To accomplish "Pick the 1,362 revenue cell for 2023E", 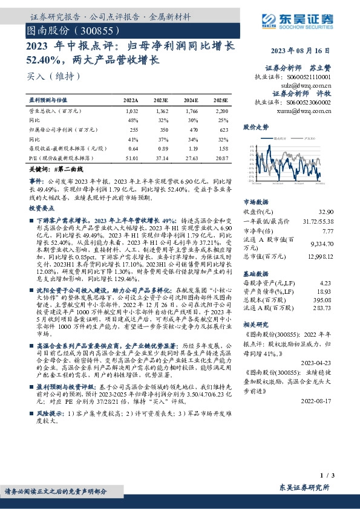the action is tap(161, 112).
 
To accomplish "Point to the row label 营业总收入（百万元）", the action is tap(51, 112).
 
